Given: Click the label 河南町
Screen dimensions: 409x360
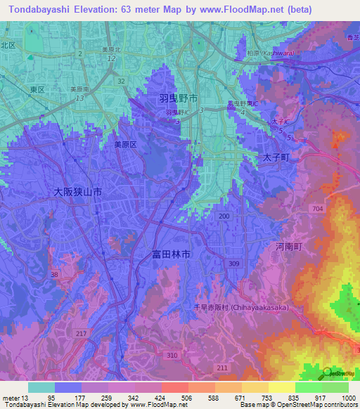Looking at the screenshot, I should click(x=288, y=247).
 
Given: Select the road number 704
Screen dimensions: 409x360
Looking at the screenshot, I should click(x=318, y=209).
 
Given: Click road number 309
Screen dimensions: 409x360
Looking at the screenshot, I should click(x=233, y=264).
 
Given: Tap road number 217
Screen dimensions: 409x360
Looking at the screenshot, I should click(x=82, y=333).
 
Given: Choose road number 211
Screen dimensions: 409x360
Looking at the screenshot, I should click(x=222, y=368).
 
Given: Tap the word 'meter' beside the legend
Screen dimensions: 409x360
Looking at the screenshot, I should click(x=12, y=397).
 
